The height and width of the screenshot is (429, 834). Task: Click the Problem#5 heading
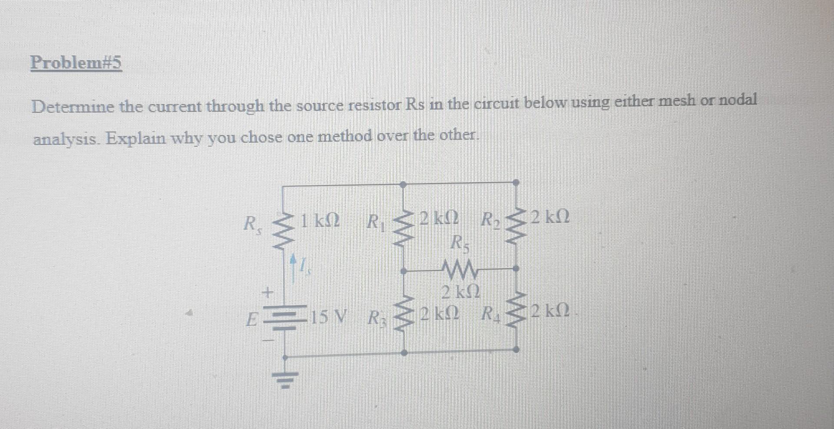[76, 63]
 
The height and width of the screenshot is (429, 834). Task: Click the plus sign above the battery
[268, 292]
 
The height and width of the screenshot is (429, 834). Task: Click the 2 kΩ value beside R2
[550, 217]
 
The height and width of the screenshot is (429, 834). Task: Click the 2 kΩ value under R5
[460, 292]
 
